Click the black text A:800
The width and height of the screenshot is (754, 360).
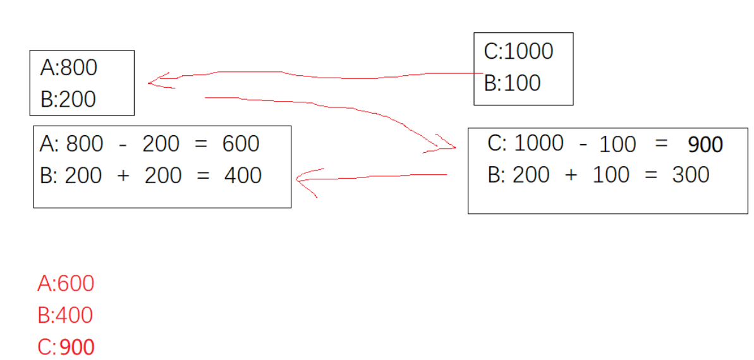(x=68, y=67)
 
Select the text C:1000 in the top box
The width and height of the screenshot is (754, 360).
(x=518, y=51)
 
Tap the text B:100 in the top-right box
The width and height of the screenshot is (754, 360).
(x=512, y=83)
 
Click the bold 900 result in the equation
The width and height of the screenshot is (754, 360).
(x=705, y=145)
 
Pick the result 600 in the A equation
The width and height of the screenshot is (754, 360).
(x=241, y=144)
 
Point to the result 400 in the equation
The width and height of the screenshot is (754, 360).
(x=243, y=175)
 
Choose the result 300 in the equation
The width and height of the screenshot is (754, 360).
(x=690, y=174)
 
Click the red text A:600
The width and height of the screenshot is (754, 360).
(x=66, y=284)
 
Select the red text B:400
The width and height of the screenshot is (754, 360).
(x=65, y=315)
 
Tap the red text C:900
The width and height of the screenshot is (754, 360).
(x=66, y=347)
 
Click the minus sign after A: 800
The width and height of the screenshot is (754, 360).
(x=123, y=145)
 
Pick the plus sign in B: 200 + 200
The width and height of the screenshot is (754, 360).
(x=123, y=176)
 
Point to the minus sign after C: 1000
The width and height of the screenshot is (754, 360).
(x=583, y=145)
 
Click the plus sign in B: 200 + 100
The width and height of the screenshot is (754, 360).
(x=571, y=175)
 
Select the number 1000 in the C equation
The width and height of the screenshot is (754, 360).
(x=538, y=143)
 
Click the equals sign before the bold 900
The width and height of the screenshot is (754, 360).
(x=661, y=145)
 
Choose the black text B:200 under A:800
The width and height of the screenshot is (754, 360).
(x=68, y=99)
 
